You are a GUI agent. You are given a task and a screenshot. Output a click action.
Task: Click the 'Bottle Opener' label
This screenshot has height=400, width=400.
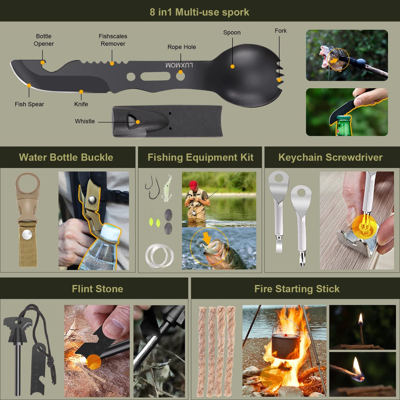44,40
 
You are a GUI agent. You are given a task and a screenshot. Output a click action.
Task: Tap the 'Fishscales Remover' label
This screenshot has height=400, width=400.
113,40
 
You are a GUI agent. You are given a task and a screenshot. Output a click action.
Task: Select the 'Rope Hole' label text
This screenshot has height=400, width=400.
182,47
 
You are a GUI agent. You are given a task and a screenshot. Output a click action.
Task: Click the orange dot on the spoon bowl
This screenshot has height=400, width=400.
233,66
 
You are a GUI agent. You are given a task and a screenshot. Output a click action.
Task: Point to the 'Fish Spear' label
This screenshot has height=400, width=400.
29,104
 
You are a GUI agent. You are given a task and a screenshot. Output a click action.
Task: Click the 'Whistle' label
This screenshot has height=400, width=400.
85,121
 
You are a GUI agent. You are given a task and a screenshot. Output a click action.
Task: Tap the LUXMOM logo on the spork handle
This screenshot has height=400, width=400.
179,65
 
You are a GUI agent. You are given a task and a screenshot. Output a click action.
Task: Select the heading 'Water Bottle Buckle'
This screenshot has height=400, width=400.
66,157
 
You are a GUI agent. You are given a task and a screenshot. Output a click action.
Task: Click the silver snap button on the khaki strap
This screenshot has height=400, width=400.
27,235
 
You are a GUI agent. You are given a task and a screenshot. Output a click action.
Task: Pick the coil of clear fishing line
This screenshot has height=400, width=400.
159,256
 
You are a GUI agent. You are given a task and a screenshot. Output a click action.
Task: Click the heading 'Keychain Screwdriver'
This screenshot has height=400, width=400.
331,157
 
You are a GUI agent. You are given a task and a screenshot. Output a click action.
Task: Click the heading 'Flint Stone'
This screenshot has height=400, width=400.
97,289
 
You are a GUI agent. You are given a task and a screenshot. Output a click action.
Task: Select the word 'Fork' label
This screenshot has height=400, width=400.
281,31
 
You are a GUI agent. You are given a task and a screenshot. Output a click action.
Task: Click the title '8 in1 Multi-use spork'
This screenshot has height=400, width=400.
199,12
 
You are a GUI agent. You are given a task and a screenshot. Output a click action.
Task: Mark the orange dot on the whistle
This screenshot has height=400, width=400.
138,122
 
